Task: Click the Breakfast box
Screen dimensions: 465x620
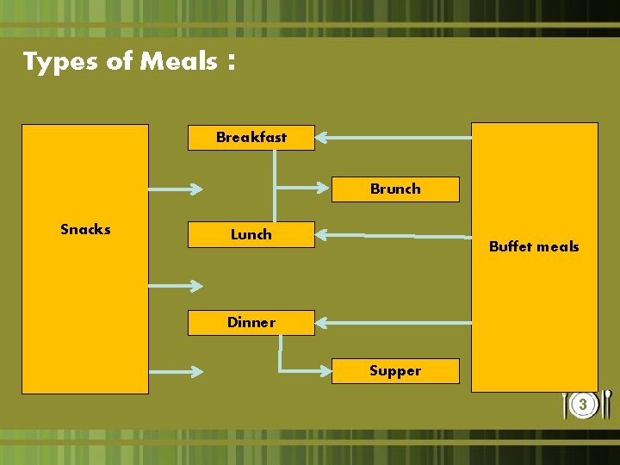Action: click(x=251, y=137)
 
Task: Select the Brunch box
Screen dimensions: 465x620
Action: click(x=395, y=189)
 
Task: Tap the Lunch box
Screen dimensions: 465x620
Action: click(x=251, y=234)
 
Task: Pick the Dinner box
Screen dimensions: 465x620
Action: click(x=251, y=322)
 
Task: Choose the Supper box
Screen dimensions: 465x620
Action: click(x=395, y=370)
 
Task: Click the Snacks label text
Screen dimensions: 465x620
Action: click(x=85, y=229)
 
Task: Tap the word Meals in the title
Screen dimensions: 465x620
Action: click(x=178, y=61)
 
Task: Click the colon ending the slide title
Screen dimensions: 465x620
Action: click(x=231, y=63)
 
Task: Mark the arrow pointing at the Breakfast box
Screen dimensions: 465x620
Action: click(x=393, y=136)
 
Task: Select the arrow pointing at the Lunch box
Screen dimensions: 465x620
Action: click(x=393, y=234)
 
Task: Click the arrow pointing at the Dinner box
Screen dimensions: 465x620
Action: click(x=393, y=322)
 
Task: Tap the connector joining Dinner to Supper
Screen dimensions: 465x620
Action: click(x=293, y=369)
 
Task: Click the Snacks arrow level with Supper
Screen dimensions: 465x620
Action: click(x=176, y=370)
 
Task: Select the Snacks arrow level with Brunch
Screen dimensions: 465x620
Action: click(x=176, y=188)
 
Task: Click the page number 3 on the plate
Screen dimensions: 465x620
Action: click(x=583, y=404)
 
